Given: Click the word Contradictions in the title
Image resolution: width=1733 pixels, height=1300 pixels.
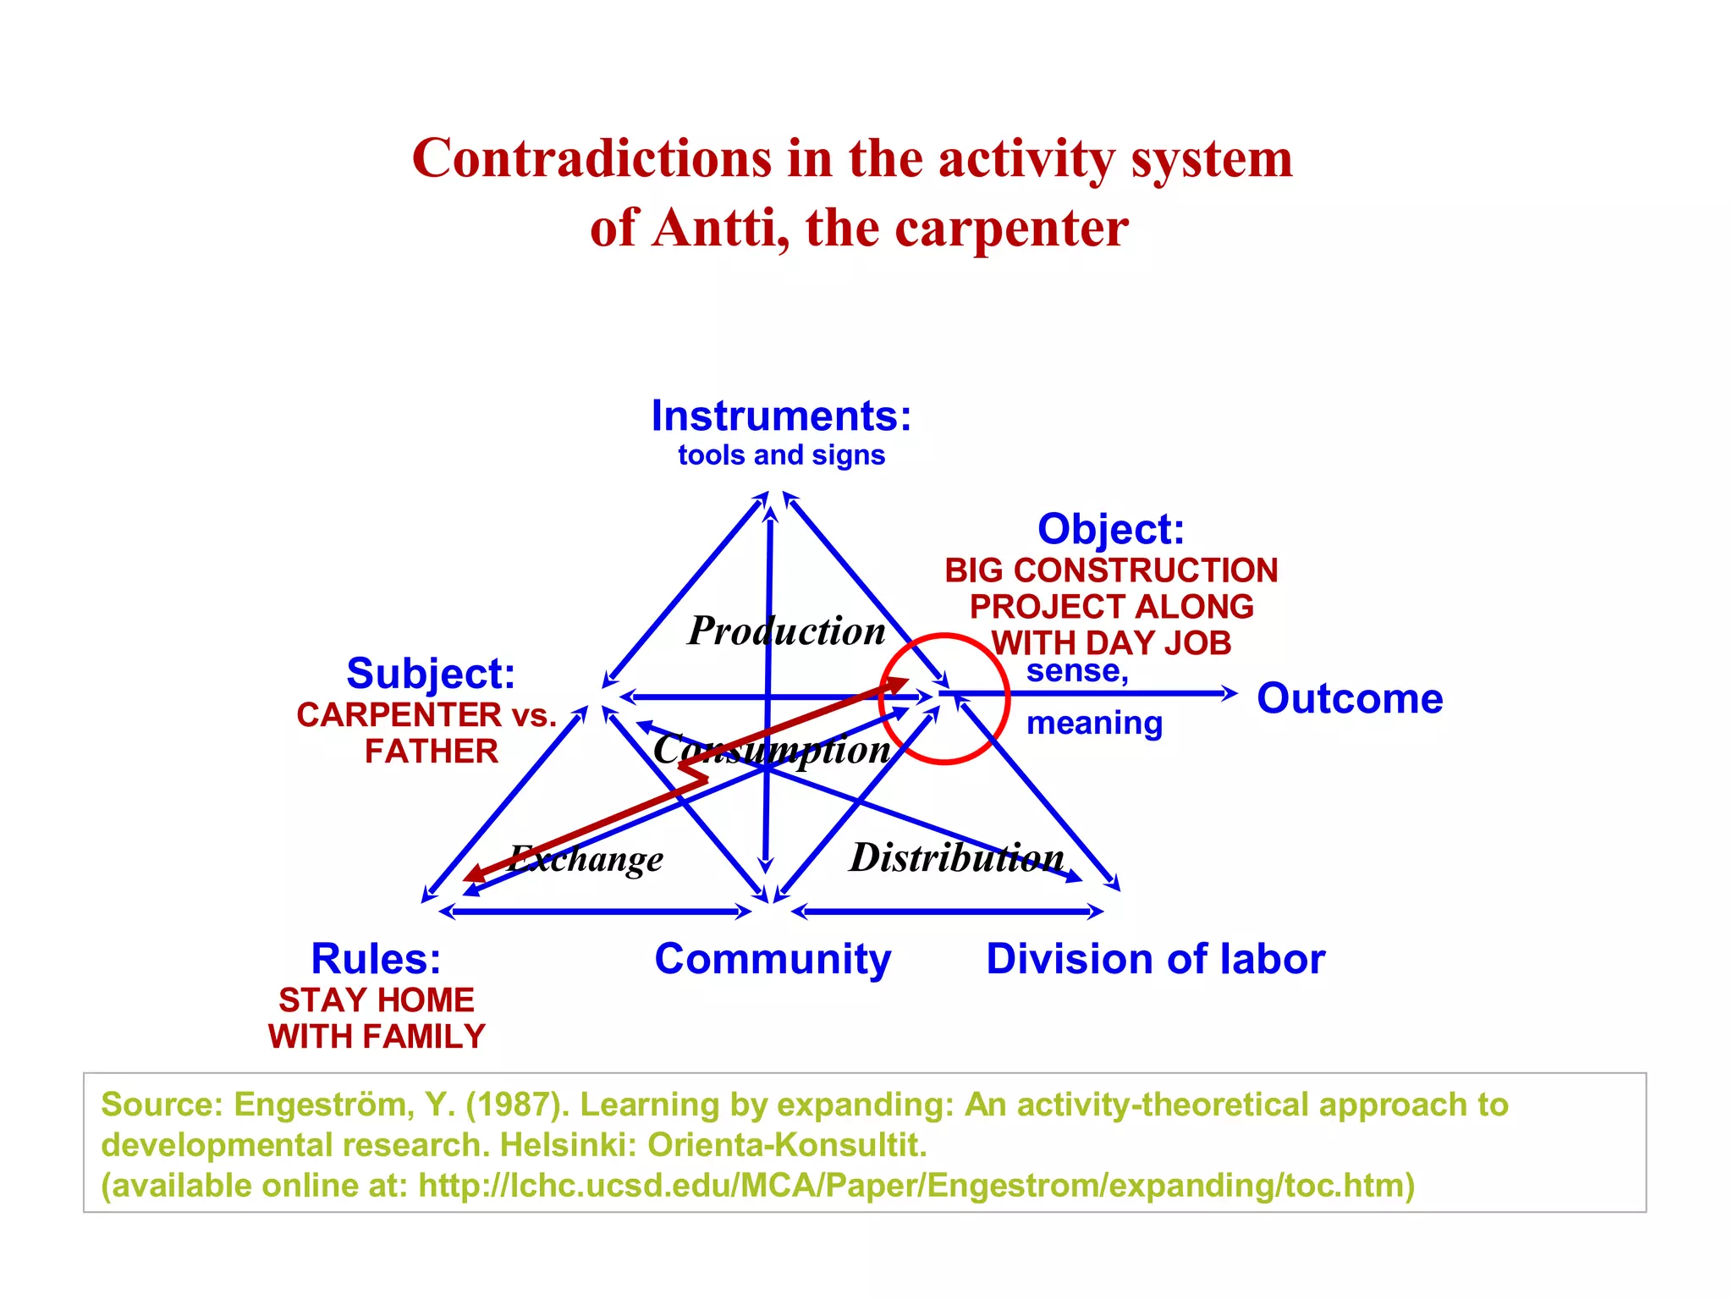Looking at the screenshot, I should tap(591, 158).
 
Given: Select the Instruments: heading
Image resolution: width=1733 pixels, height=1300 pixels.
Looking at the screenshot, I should tap(781, 416).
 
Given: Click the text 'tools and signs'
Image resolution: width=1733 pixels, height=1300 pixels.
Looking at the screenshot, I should tap(781, 455).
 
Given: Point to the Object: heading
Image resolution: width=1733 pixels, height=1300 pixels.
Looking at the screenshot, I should tap(1110, 529).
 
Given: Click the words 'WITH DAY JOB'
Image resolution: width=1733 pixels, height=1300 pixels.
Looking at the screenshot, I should tap(1111, 642).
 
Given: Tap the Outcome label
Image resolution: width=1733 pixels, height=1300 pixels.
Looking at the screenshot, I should tap(1350, 698).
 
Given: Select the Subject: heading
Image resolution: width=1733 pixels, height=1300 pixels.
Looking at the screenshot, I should tap(431, 674).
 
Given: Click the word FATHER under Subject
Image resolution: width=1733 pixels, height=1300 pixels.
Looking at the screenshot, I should tap(432, 752).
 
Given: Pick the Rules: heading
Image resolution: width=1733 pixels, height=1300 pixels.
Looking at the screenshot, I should tap(376, 959).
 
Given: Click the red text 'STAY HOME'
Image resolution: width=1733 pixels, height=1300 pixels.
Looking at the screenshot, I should tap(377, 1000).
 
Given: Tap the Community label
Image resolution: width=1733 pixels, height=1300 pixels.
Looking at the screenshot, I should tap(773, 959).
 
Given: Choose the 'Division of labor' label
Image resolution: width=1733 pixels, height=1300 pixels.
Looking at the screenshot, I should tap(1155, 959).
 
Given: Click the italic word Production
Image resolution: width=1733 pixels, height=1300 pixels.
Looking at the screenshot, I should tap(786, 631).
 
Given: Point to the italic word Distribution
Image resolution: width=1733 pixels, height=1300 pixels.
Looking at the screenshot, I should tap(956, 857).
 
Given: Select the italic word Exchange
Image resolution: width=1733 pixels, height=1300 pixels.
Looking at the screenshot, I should tap(586, 859).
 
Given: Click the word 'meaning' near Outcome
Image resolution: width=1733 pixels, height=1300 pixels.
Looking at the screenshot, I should tap(1094, 724).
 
